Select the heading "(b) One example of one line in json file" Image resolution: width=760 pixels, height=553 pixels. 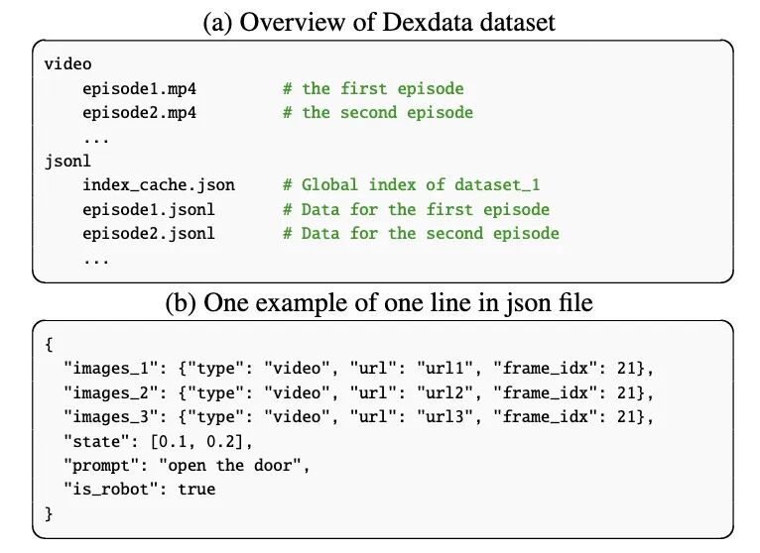(380, 302)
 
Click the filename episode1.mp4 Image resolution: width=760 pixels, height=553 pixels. (139, 88)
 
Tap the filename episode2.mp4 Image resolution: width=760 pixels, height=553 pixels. (139, 112)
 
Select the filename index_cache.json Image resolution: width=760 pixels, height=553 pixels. (159, 185)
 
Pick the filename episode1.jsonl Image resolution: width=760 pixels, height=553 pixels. (149, 209)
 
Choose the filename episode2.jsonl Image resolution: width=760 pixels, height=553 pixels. (149, 234)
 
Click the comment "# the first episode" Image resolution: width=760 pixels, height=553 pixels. (372, 88)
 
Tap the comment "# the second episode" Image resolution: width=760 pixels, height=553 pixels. (377, 112)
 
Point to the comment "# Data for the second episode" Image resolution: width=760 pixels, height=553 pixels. (421, 234)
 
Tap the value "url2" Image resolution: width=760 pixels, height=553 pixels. (444, 392)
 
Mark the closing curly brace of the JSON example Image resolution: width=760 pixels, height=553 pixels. (49, 513)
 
